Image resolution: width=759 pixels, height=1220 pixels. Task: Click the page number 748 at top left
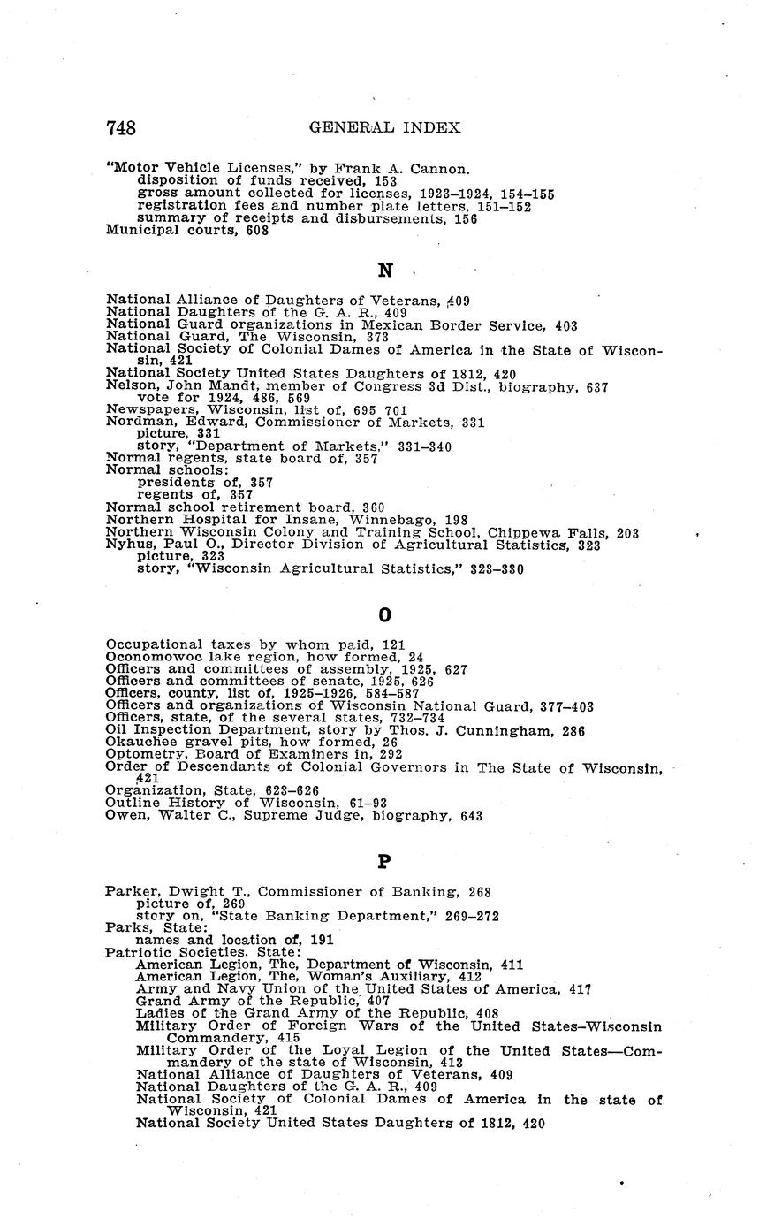(x=121, y=128)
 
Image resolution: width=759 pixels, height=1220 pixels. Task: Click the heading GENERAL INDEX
(x=384, y=128)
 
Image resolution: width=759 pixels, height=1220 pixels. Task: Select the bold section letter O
(x=384, y=614)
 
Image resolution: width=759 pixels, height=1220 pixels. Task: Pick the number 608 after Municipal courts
(x=256, y=231)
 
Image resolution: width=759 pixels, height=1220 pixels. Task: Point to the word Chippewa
(x=527, y=533)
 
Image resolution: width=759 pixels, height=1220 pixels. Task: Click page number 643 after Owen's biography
(x=470, y=816)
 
